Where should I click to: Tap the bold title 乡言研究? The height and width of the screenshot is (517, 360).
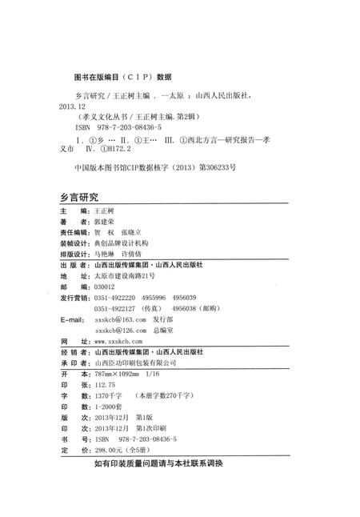(79, 196)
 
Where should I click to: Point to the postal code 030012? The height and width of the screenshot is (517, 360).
(105, 285)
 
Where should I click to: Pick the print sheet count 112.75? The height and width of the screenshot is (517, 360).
(106, 384)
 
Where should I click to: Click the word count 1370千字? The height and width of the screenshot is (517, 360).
(109, 395)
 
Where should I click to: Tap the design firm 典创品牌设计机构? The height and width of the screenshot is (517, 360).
(121, 242)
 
